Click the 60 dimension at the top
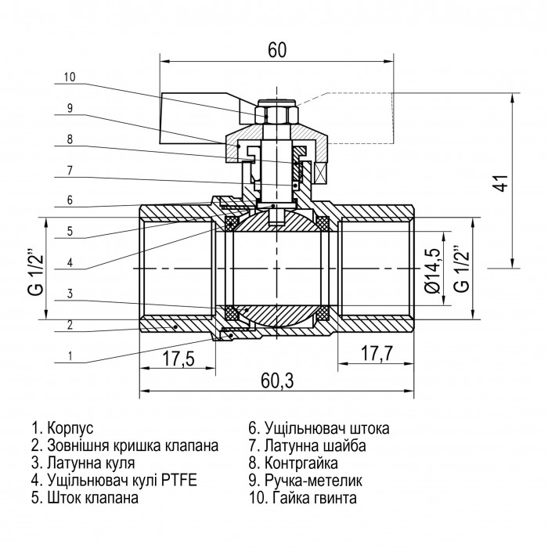(x=277, y=50)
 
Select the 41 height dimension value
(x=503, y=182)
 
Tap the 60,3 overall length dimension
(x=277, y=380)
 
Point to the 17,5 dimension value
(x=178, y=359)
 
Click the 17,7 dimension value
(x=377, y=353)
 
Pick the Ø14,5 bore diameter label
(x=431, y=271)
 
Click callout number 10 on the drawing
(x=70, y=77)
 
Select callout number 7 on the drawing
(x=70, y=171)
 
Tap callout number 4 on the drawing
(x=70, y=262)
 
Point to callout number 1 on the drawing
(x=70, y=356)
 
